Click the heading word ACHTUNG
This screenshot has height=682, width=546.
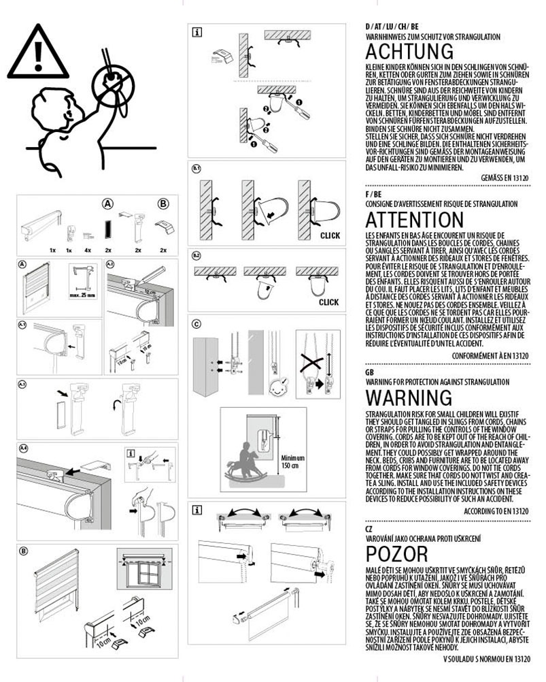tap(409, 52)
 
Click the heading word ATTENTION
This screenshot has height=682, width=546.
tap(414, 220)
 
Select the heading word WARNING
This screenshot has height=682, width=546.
tap(409, 397)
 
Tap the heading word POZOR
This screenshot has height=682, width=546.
tap(396, 553)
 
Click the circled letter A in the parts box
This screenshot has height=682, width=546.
tap(107, 203)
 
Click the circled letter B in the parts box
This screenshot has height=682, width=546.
tap(163, 203)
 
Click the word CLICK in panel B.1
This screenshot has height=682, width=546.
tap(328, 236)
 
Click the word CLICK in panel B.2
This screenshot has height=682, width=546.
tap(328, 302)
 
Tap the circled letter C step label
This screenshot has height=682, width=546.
tap(197, 323)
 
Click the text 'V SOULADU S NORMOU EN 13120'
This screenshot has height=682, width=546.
tap(486, 659)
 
